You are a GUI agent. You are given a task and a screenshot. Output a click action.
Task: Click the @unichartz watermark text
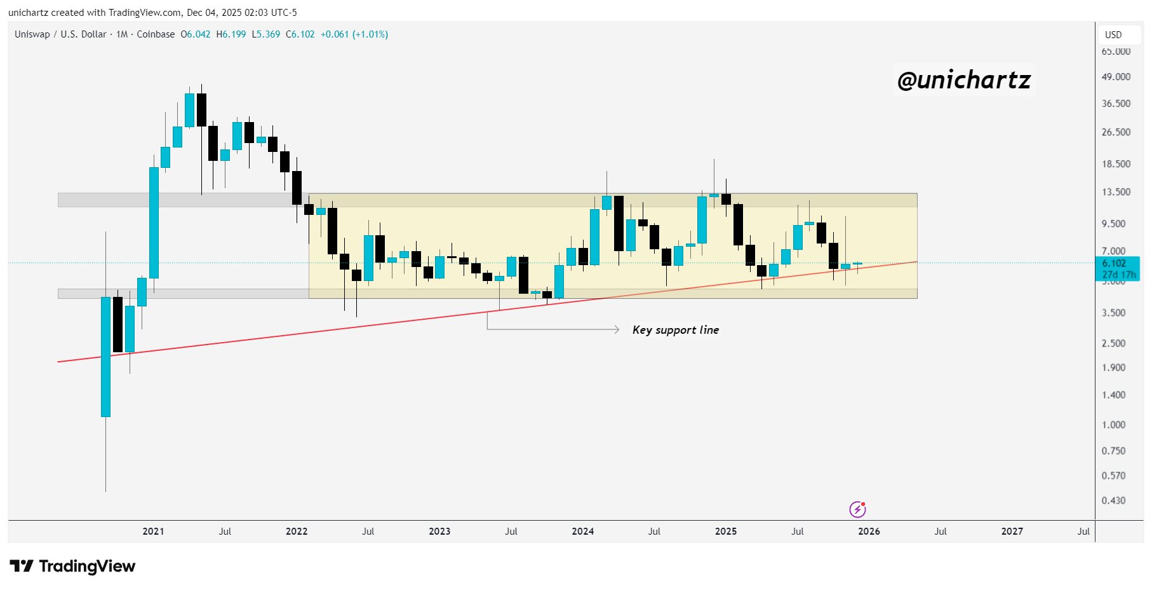click(963, 80)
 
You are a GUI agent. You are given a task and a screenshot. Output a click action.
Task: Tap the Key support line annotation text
click(676, 330)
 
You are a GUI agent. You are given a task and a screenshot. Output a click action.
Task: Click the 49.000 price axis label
click(1116, 77)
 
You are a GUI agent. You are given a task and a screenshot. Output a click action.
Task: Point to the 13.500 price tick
click(1116, 192)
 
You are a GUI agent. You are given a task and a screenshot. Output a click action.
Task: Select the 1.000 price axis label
click(1113, 425)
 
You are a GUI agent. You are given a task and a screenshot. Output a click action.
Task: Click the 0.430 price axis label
click(1113, 500)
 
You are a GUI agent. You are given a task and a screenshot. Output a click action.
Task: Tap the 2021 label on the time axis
click(153, 532)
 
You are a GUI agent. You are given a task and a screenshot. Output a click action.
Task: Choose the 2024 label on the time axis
click(582, 532)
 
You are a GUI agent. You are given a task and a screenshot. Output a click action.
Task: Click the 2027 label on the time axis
click(1012, 532)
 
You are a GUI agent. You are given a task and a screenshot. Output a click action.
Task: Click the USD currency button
click(1113, 35)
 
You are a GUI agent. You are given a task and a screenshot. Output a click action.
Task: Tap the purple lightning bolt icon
click(857, 509)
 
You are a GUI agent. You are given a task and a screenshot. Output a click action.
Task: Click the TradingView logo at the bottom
click(72, 566)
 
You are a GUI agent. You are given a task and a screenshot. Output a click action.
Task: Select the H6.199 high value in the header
click(231, 34)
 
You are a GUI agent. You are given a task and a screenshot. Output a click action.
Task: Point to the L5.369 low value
click(265, 34)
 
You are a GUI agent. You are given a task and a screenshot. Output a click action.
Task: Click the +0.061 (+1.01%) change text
click(354, 34)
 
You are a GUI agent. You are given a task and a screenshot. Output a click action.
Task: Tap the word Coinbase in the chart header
click(156, 34)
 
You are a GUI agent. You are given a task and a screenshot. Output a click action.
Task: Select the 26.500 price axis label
click(1116, 132)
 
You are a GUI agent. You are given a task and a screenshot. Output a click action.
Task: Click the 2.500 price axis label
click(1113, 343)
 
